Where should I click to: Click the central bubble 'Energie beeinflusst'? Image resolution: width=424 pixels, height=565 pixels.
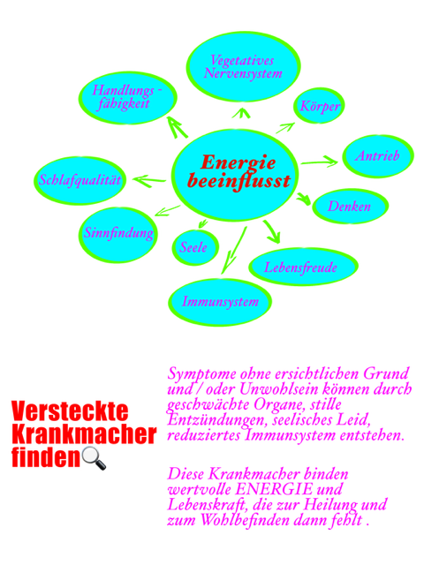pyautogui.click(x=235, y=175)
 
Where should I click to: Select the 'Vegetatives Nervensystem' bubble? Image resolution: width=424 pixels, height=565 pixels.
pyautogui.click(x=244, y=67)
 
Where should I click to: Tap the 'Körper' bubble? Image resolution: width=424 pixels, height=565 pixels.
pyautogui.click(x=319, y=106)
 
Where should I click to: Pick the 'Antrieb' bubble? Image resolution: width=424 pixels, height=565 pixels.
pyautogui.click(x=378, y=156)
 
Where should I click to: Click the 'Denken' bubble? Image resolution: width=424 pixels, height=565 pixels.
pyautogui.click(x=350, y=207)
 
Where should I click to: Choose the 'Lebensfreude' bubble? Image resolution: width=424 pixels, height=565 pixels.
pyautogui.click(x=303, y=267)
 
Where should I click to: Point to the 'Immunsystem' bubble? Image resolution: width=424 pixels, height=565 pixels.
pyautogui.click(x=220, y=302)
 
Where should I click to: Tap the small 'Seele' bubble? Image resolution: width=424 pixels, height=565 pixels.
pyautogui.click(x=195, y=247)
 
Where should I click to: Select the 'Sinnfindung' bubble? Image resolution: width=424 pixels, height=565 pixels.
pyautogui.click(x=118, y=235)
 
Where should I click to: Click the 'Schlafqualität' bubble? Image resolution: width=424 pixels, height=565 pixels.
pyautogui.click(x=80, y=180)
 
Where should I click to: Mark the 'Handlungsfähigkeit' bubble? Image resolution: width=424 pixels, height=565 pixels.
pyautogui.click(x=128, y=98)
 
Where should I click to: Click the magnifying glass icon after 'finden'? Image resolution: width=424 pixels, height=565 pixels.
pyautogui.click(x=95, y=458)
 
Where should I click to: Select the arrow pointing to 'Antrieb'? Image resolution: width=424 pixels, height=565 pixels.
pyautogui.click(x=320, y=162)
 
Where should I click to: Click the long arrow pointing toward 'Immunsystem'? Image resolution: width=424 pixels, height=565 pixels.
pyautogui.click(x=234, y=249)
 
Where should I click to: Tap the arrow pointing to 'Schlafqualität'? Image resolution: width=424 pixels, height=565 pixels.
pyautogui.click(x=149, y=180)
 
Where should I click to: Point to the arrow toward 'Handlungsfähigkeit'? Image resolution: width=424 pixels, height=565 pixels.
pyautogui.click(x=178, y=127)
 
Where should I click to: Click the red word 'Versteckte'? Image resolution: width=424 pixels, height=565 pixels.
pyautogui.click(x=70, y=411)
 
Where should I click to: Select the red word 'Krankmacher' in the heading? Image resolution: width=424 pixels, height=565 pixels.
pyautogui.click(x=84, y=434)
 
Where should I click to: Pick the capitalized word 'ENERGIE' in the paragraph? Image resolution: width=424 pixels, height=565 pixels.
pyautogui.click(x=274, y=489)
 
